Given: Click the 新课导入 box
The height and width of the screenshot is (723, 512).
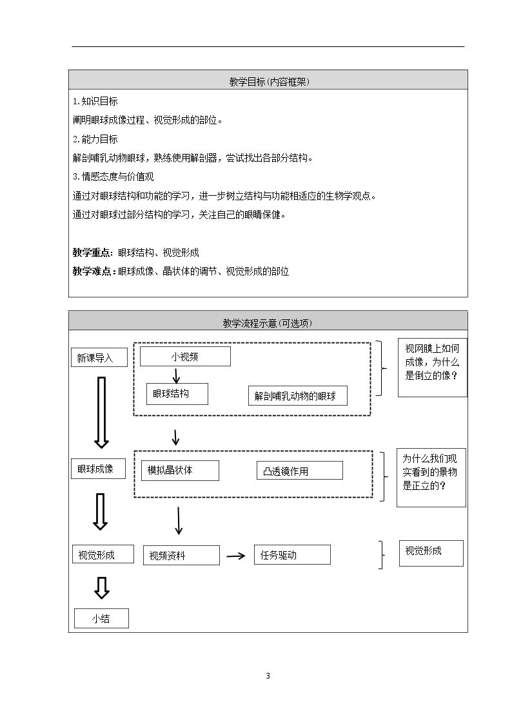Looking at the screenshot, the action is [99, 357].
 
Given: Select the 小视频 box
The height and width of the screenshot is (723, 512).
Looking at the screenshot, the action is [185, 357].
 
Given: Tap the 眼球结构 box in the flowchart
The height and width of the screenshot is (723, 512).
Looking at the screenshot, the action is [177, 394].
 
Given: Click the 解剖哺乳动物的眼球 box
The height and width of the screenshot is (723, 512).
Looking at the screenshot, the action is [297, 395].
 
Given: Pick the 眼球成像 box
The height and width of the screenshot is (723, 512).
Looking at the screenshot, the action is [98, 469].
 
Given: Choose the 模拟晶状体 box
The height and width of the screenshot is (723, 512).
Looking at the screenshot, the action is [180, 471].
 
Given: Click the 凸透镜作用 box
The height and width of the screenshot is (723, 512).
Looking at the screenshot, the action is [300, 471].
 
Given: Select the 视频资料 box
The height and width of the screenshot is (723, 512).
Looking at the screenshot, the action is [181, 555].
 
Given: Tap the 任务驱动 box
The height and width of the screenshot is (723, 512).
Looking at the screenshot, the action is [292, 555].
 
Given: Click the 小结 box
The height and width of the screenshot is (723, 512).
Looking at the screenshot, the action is [102, 618].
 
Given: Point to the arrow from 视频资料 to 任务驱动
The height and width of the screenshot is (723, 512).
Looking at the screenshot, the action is [236, 556].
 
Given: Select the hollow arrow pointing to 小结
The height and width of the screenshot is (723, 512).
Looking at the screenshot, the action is [102, 588].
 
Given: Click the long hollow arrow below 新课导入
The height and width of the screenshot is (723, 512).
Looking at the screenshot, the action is [102, 412].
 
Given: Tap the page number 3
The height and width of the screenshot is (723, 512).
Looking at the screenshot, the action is [268, 676].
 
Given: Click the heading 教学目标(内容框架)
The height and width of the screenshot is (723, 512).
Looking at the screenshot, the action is [269, 82].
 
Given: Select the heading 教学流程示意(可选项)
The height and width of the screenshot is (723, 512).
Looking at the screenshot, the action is [268, 323].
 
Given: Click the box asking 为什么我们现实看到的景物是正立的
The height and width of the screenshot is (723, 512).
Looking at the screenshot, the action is [431, 478].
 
